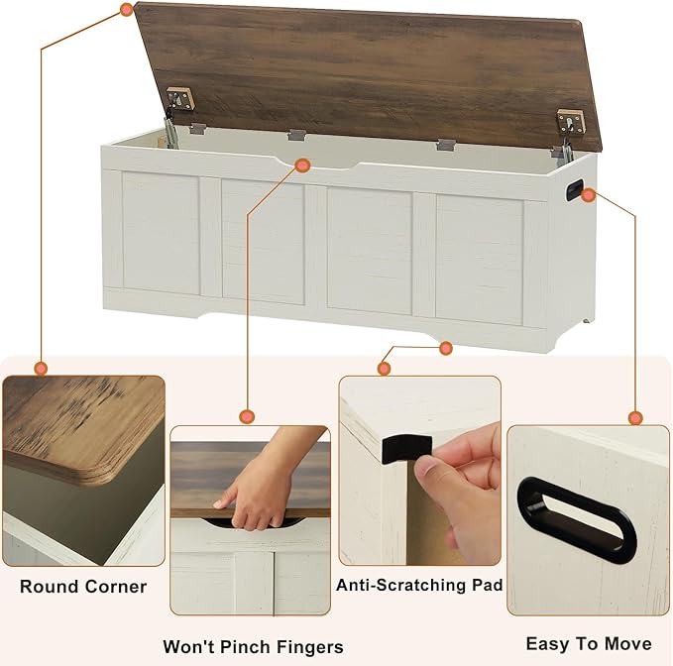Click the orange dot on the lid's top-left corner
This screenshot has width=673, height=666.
click(126, 9)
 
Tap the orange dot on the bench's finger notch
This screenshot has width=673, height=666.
click(303, 166)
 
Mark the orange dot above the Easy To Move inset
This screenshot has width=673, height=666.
click(635, 417)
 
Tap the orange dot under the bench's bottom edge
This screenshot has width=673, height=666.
click(446, 348)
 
